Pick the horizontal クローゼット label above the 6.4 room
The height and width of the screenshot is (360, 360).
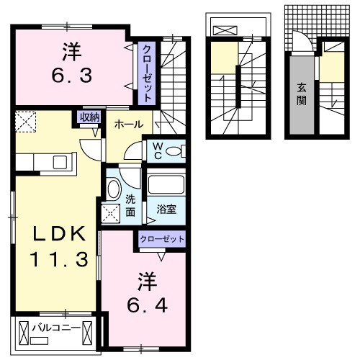point(163,239)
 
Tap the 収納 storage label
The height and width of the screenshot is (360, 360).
point(89,117)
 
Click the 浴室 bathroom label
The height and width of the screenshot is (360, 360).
point(167,210)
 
